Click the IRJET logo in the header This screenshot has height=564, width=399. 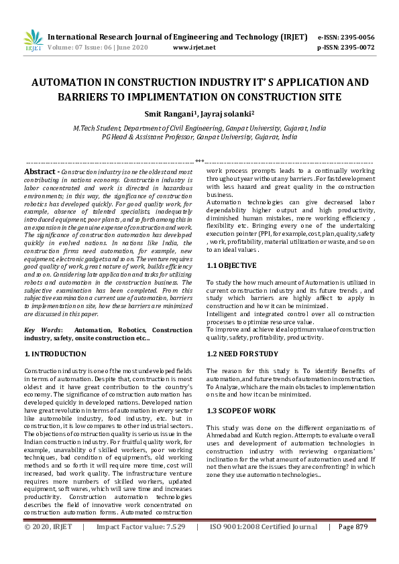click(x=33, y=41)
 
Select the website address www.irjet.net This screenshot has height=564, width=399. click(x=194, y=48)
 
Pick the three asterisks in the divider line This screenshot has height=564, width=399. click(x=199, y=161)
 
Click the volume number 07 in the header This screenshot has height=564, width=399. click(x=78, y=48)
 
